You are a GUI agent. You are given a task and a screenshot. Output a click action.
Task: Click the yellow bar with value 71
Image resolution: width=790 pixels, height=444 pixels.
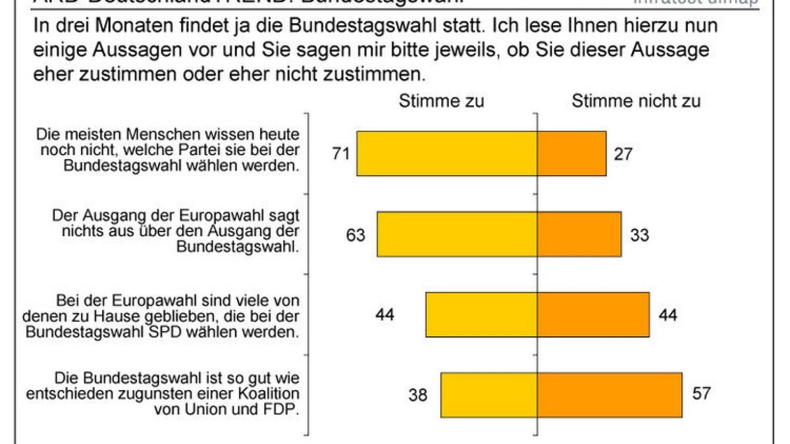point(448,153)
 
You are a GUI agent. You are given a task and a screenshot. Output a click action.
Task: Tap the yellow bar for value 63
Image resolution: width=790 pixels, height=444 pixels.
point(458,234)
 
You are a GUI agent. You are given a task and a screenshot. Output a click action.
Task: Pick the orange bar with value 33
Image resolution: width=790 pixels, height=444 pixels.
point(580,234)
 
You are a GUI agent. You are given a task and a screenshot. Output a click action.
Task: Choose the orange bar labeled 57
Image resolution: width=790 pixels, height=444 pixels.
point(610,395)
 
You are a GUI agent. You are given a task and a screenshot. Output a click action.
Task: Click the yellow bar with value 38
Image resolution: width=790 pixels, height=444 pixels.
point(490,395)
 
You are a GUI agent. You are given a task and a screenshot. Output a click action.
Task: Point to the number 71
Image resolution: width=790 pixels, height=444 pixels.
point(340,154)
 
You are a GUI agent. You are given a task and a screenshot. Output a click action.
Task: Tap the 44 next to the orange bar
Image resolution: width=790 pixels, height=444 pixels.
point(668,315)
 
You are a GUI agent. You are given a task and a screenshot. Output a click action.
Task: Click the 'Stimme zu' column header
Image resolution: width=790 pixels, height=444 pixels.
point(441,101)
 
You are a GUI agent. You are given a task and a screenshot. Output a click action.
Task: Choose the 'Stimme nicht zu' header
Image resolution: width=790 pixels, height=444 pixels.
point(636,101)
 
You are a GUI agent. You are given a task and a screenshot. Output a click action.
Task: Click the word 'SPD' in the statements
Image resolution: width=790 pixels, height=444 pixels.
point(177,332)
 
